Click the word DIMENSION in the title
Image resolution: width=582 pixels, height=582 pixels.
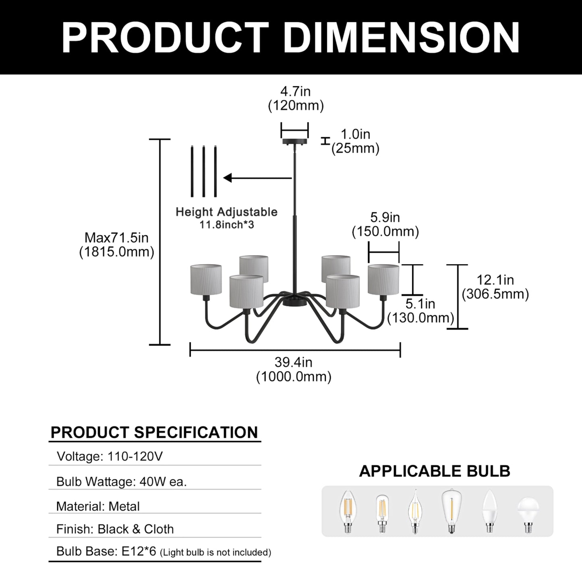402,38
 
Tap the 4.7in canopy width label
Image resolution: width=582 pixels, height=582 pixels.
295,91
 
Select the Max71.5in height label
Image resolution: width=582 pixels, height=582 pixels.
116,238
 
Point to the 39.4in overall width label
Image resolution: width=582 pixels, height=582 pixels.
293,362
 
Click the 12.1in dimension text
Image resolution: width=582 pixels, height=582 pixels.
495,280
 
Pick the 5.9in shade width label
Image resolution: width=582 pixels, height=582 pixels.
385,217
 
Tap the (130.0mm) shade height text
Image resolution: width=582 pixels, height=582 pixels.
421,318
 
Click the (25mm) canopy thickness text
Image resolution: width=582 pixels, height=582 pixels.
355,149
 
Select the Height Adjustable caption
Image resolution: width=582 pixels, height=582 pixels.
226,212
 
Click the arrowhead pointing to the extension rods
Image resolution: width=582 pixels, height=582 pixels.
228,178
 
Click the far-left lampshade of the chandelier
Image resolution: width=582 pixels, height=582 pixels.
206,280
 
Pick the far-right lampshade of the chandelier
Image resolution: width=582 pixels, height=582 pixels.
383,280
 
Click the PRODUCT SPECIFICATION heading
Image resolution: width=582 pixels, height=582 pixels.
154,432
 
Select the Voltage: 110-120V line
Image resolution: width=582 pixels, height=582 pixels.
110,456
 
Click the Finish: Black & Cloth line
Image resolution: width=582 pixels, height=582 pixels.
115,529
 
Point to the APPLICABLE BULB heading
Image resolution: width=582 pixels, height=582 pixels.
435,471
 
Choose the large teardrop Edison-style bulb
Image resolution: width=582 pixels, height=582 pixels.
451,512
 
